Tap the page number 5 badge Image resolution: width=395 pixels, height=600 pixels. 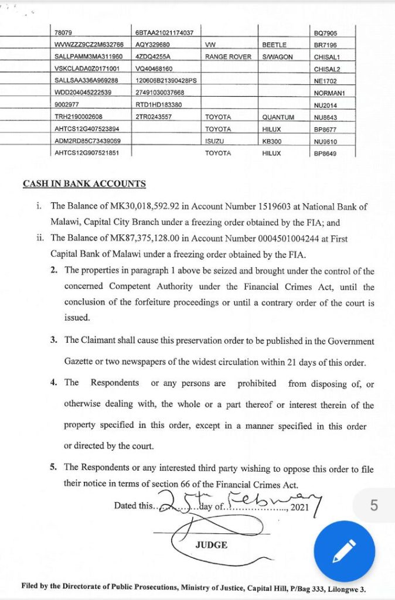click(x=374, y=504)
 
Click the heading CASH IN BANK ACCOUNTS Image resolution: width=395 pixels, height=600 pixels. click(x=84, y=183)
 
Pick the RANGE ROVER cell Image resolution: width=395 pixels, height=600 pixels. click(x=228, y=57)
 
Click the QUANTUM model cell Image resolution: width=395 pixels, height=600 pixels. click(x=278, y=117)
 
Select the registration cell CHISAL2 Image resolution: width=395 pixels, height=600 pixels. click(x=326, y=69)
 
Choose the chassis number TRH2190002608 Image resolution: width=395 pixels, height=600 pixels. click(x=79, y=117)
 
